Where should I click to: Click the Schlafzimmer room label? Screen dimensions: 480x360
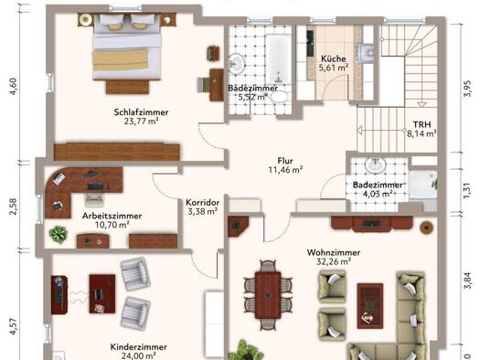coord(141,112)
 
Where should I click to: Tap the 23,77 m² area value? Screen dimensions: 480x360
coord(141,122)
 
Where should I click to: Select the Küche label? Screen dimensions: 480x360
coord(334,58)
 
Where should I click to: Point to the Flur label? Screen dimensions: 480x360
coord(285,161)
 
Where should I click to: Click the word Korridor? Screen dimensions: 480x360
coord(203,203)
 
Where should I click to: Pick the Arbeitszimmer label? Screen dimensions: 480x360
coord(112,216)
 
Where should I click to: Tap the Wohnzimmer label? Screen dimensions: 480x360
coord(334,253)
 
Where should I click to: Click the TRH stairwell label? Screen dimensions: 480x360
coord(421,124)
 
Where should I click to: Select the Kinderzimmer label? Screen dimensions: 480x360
coord(139,347)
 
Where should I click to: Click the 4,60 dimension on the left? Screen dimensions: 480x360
coord(14,87)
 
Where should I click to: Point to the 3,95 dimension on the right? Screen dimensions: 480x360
coord(467,89)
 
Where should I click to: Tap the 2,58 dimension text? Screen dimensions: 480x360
coord(14,206)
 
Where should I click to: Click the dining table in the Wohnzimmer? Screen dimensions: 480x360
coord(268,295)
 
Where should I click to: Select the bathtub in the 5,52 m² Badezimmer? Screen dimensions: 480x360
coord(278,59)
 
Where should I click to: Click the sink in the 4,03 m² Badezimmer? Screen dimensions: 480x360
coord(375,165)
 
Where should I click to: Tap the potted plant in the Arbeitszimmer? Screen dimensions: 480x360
coord(59,234)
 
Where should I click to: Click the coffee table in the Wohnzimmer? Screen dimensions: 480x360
coord(370,306)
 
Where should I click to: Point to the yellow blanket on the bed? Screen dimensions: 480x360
coord(120,60)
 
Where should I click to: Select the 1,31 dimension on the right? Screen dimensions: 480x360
coord(467,191)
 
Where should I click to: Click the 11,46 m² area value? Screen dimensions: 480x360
coord(285,170)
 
